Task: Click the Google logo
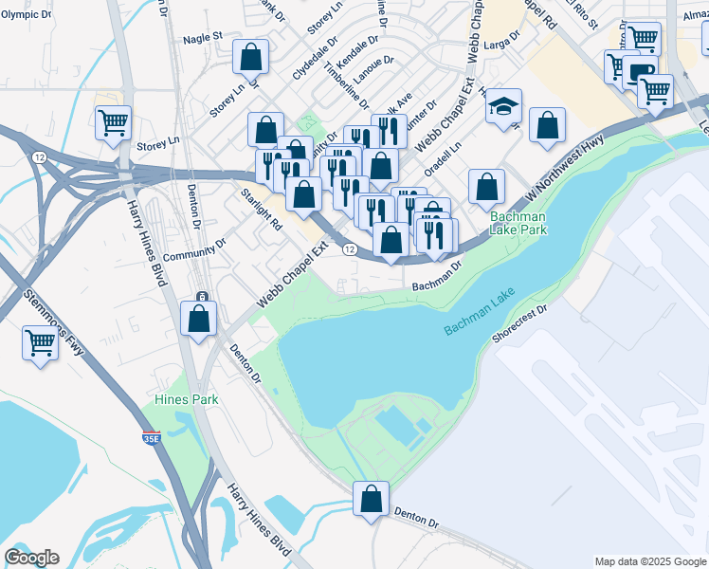(31, 558)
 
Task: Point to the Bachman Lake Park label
(518, 223)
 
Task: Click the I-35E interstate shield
(151, 438)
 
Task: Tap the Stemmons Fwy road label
(53, 321)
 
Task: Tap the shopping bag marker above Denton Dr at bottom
(372, 498)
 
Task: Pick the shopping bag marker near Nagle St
(250, 58)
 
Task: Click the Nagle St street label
(202, 37)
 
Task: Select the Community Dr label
(194, 249)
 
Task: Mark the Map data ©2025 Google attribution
(650, 561)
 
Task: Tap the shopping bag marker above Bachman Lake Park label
(486, 187)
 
